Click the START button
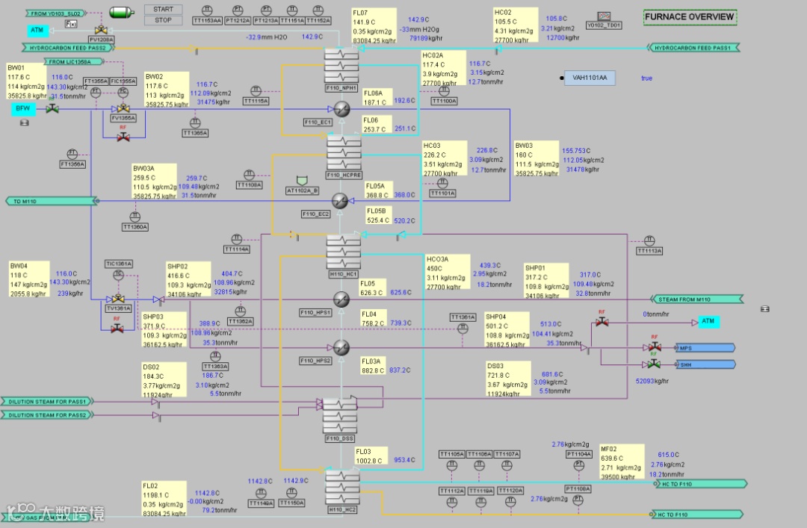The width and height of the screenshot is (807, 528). pos(163,10)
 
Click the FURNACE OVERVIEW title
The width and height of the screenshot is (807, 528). pos(690,16)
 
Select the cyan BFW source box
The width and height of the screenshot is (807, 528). pos(22,109)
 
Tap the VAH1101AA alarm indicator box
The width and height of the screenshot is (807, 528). pos(590,78)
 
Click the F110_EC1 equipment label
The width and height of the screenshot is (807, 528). pos(317,122)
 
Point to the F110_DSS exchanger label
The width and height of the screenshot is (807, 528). pos(339,438)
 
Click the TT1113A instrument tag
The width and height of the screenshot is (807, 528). pos(649,251)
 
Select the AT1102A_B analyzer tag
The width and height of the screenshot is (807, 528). pos(302,190)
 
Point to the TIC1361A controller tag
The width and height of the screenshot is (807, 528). pos(119,264)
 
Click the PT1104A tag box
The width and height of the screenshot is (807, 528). pos(578,454)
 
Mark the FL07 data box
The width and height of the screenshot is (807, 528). pos(374,26)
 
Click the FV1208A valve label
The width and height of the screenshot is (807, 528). pos(102,39)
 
